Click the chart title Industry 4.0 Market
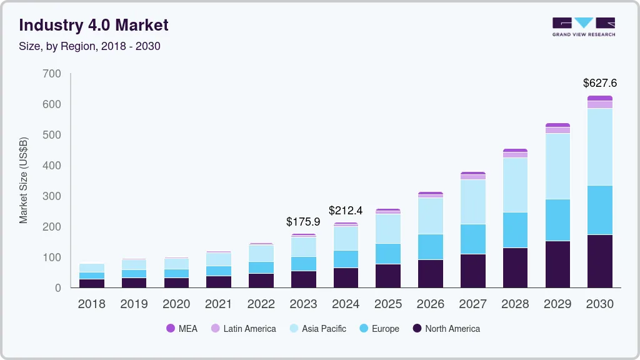click(x=94, y=26)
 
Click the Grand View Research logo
click(x=584, y=26)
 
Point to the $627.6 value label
click(x=599, y=83)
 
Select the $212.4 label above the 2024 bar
click(x=346, y=210)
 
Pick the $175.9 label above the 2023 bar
click(x=303, y=222)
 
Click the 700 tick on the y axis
click(x=52, y=74)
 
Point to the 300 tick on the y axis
click(x=52, y=196)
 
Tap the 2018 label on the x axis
click(x=91, y=304)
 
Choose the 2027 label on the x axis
click(x=473, y=304)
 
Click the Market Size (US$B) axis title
click(x=24, y=181)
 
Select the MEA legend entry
click(x=181, y=329)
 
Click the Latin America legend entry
click(x=243, y=329)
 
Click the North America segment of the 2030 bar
click(x=599, y=261)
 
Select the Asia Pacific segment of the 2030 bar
click(x=599, y=147)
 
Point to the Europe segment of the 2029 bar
click(x=557, y=220)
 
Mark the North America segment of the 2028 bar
click(x=515, y=267)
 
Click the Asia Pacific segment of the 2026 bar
click(x=431, y=216)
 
